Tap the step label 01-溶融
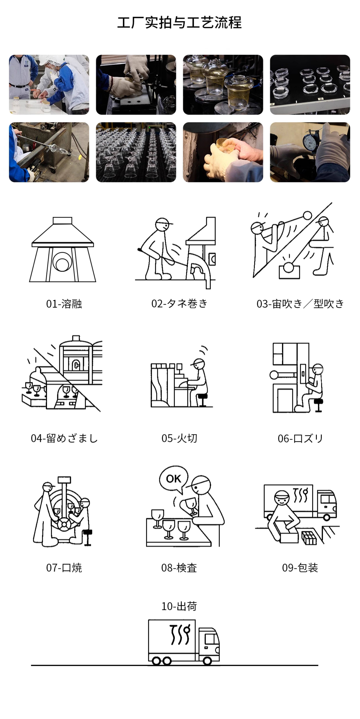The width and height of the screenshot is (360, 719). pyautogui.click(x=64, y=304)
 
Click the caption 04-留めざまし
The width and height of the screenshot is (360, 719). pyautogui.click(x=64, y=438)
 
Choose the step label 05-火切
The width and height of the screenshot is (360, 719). pyautogui.click(x=179, y=438)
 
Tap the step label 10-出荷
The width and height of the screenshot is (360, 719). pyautogui.click(x=179, y=606)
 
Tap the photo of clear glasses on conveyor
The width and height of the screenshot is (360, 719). pyautogui.click(x=136, y=152)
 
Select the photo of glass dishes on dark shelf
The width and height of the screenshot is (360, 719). pyautogui.click(x=310, y=85)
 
